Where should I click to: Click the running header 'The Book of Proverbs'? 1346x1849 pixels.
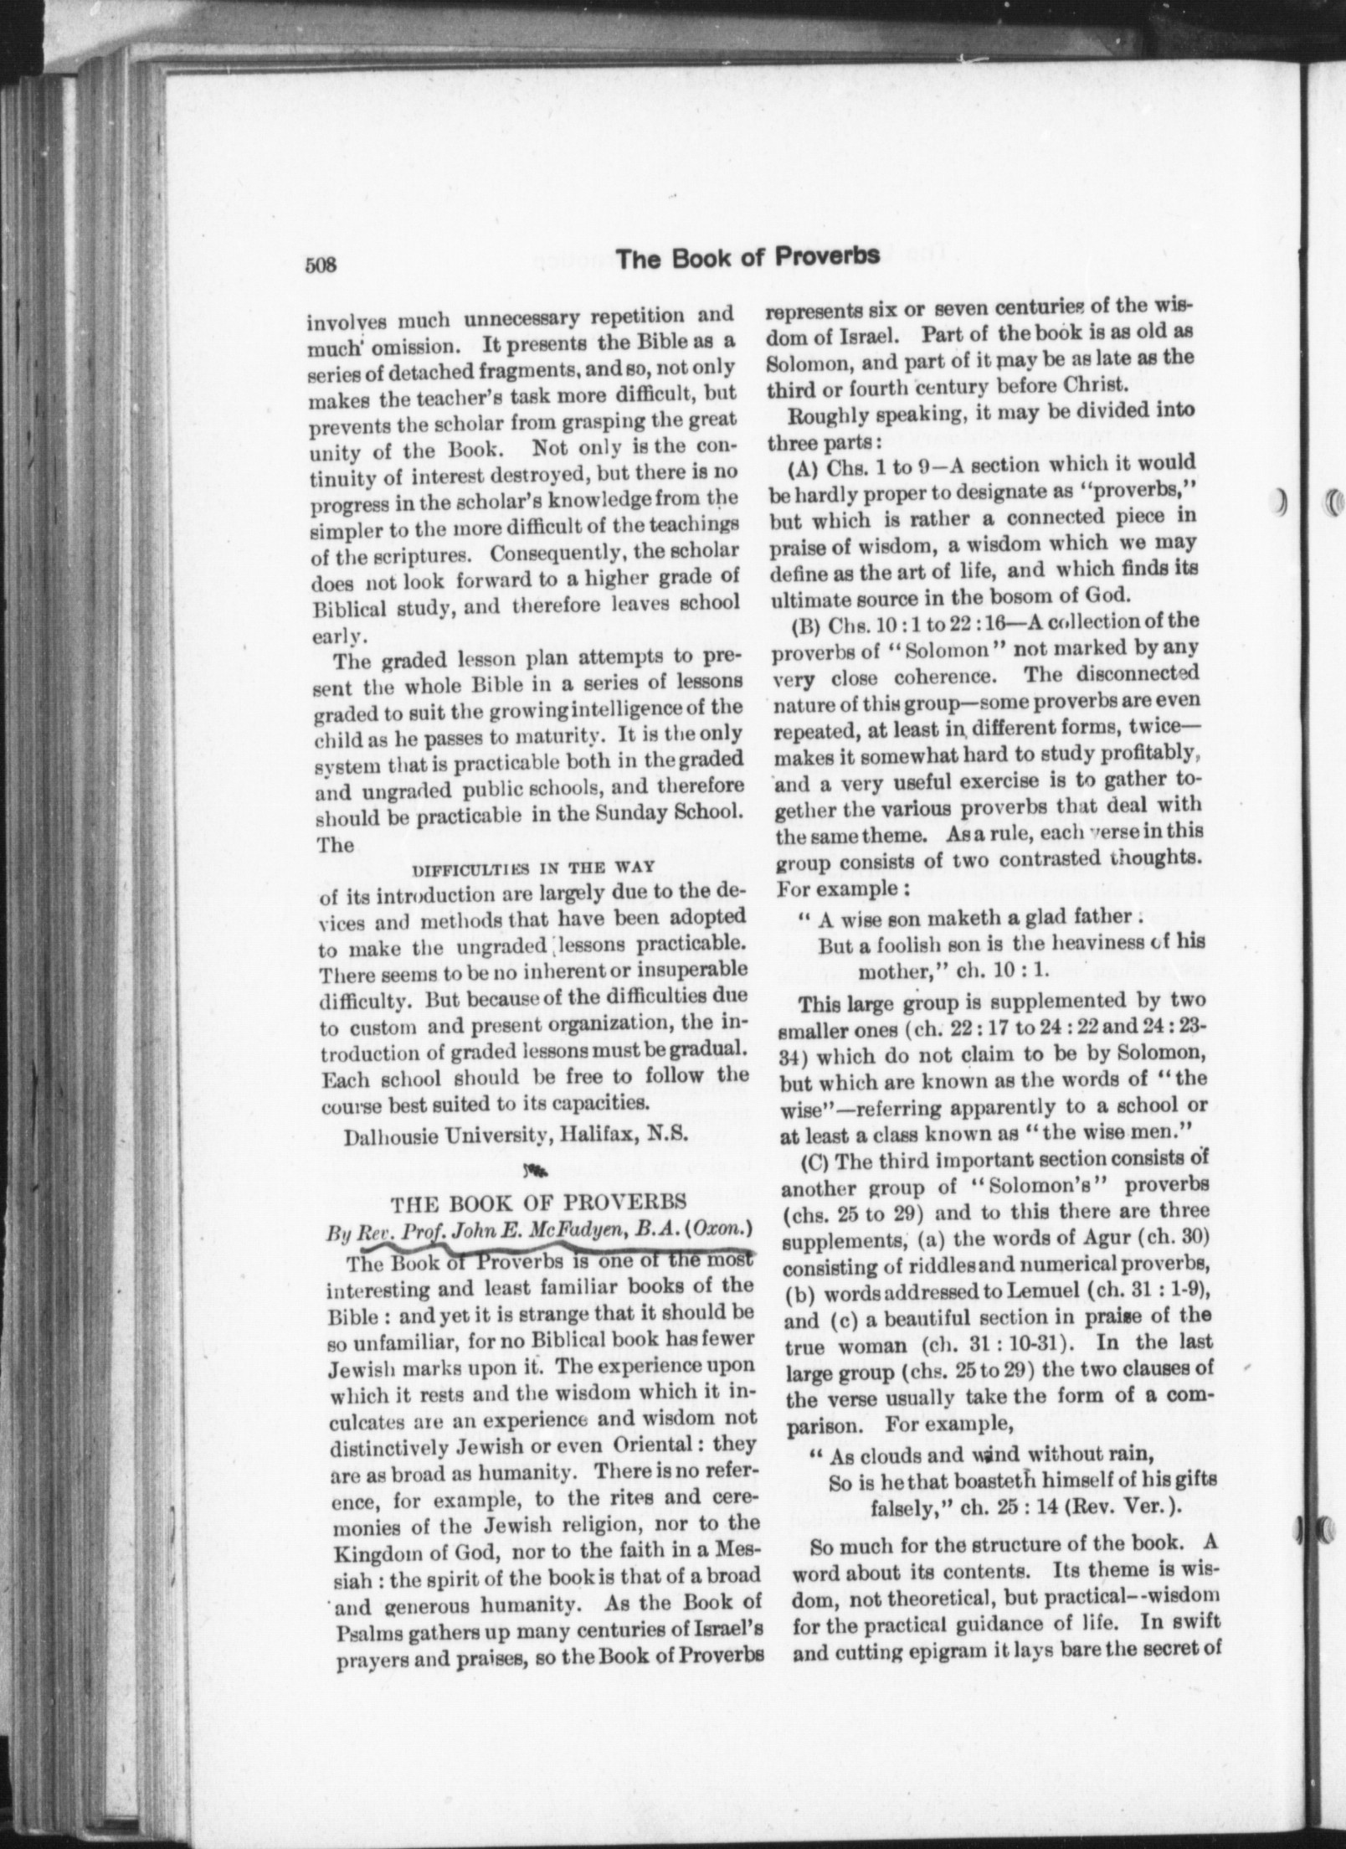click(747, 256)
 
